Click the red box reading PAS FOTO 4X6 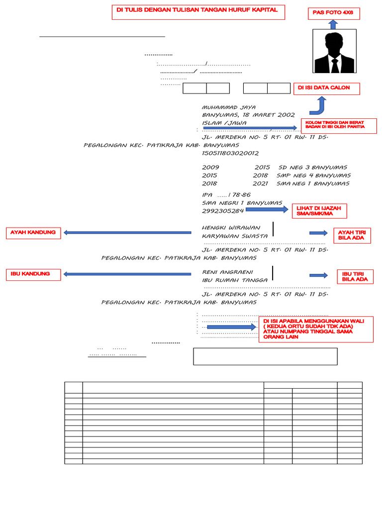click(x=333, y=13)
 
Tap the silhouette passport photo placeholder click(x=334, y=51)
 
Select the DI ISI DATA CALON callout click(x=326, y=88)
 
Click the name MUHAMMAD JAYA click(x=229, y=107)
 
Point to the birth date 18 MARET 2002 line click(x=248, y=115)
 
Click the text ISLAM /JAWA click(x=224, y=123)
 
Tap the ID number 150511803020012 click(x=230, y=153)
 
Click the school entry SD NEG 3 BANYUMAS click(x=312, y=168)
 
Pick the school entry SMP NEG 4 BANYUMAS click(x=313, y=175)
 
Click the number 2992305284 click(x=223, y=211)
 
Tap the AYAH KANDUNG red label click(x=33, y=233)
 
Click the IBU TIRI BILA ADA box click(x=355, y=276)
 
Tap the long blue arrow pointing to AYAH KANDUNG click(x=127, y=232)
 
